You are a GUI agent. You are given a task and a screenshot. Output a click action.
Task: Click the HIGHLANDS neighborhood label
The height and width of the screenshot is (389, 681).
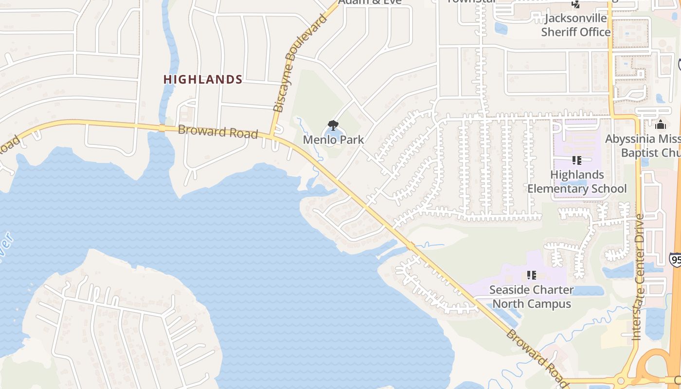tap(203, 79)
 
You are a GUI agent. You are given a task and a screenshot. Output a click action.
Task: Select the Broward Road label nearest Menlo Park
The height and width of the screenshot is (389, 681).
tap(217, 131)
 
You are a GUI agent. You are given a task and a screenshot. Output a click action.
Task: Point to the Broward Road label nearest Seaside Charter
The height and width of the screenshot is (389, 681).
tap(537, 358)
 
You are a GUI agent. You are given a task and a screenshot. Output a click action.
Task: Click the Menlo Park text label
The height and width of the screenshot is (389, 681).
tap(333, 140)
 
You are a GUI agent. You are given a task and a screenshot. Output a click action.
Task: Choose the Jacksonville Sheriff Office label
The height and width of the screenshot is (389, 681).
tap(576, 25)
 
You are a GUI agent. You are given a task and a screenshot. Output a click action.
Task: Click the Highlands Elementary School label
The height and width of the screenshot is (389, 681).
tap(577, 181)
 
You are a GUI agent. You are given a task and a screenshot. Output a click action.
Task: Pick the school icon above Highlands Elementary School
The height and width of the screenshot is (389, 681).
tap(577, 160)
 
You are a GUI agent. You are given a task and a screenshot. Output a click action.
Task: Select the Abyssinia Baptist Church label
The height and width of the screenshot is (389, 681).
tap(642, 146)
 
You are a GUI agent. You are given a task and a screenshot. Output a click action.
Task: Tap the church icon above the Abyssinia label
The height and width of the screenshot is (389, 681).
tap(660, 124)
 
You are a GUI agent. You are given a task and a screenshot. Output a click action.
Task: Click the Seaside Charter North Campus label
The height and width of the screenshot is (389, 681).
tap(531, 297)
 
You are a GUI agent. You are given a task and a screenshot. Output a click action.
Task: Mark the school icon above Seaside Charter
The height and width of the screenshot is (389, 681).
tap(532, 275)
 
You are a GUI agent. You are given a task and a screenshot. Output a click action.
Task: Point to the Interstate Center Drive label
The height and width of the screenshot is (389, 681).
tap(638, 277)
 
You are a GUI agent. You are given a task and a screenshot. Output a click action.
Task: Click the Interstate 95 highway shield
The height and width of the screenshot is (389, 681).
tap(675, 259)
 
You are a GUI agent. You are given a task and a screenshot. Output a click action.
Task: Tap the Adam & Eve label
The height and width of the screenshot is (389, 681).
tap(370, 2)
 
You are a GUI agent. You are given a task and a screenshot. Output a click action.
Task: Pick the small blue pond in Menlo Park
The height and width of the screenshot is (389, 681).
tap(333, 134)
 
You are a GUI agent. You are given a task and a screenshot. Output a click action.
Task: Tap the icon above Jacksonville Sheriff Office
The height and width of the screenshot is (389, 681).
tap(576, 4)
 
